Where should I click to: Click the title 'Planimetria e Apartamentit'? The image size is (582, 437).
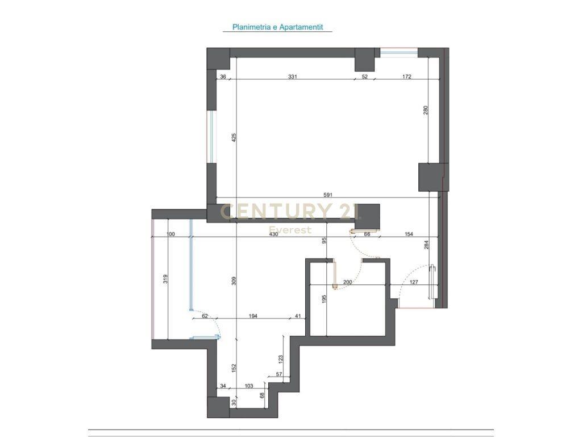coord(277,27)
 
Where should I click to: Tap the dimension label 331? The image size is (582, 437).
coord(293,77)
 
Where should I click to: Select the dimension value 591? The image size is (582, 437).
coord(327,195)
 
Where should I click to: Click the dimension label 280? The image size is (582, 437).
coord(426,110)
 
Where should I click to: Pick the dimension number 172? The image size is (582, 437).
coord(406,77)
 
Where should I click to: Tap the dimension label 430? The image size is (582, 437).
coord(274,234)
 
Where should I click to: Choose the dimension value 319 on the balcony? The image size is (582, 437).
coord(165,279)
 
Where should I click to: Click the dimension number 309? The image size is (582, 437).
coord(234,280)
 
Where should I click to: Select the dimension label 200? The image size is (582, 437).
coord(348,282)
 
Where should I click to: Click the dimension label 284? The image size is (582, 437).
coord(426,245)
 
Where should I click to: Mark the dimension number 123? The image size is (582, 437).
coord(281,359)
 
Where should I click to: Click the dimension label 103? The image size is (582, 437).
coord(248,386)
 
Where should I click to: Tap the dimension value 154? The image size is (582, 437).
coord(408,234)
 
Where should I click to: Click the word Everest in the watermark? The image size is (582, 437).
coord(290,230)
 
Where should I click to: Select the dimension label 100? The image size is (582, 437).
coord(171,234)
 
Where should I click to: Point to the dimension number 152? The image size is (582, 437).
coord(234,367)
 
